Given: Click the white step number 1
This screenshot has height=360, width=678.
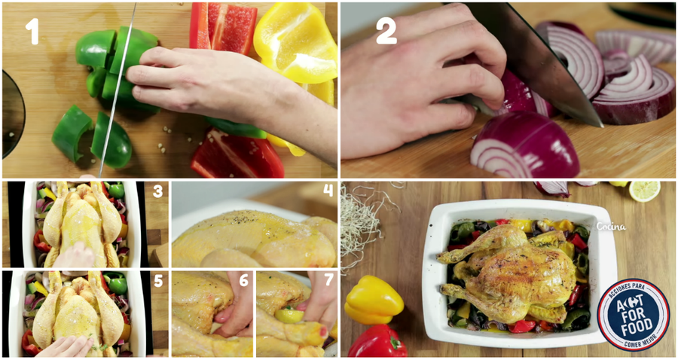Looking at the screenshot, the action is pyautogui.click(x=32, y=32).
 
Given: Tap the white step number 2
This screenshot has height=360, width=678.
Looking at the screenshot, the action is pyautogui.click(x=386, y=32).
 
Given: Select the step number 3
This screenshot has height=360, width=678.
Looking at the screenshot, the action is pyautogui.click(x=158, y=191).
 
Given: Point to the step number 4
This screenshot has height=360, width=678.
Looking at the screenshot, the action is pyautogui.click(x=328, y=190).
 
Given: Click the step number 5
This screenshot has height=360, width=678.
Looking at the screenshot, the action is pyautogui.click(x=158, y=281).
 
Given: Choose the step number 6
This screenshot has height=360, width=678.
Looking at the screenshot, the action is pyautogui.click(x=244, y=280).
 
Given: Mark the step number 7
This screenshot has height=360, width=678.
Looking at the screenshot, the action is pyautogui.click(x=329, y=279).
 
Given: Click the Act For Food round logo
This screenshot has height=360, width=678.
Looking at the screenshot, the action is pyautogui.click(x=633, y=314).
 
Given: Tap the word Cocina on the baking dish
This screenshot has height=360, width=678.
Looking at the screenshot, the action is pyautogui.click(x=610, y=226).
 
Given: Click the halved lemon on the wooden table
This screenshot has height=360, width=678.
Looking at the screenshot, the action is pyautogui.click(x=644, y=191).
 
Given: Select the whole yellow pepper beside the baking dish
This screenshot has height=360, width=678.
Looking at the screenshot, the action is pyautogui.click(x=374, y=300).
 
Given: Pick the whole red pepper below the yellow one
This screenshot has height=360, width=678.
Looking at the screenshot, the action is pyautogui.click(x=377, y=341).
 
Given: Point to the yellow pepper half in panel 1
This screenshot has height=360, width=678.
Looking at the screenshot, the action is pyautogui.click(x=297, y=42).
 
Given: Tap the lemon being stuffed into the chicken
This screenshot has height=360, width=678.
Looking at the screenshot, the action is pyautogui.click(x=289, y=315).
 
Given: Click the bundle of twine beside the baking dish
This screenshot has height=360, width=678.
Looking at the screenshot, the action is pyautogui.click(x=363, y=224).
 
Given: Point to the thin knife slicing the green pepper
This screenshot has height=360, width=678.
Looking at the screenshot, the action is pyautogui.click(x=118, y=90).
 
